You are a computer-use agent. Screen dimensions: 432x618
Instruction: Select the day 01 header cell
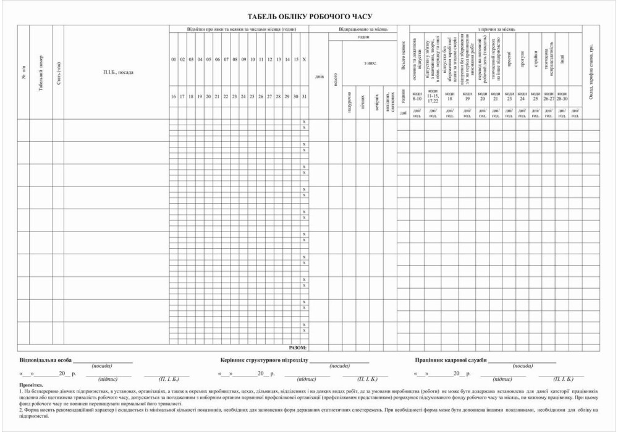tap(174, 59)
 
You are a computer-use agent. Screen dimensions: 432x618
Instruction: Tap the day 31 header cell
tap(303, 97)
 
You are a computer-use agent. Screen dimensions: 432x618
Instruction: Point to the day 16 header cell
tap(174, 97)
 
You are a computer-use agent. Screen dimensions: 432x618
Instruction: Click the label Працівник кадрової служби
tap(451, 360)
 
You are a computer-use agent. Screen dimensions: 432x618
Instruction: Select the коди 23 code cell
tap(509, 96)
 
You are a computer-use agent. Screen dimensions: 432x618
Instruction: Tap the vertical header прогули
tap(522, 62)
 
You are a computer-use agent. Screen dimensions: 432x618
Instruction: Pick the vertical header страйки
tap(535, 62)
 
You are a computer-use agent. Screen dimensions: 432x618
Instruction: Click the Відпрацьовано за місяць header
tap(360, 29)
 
